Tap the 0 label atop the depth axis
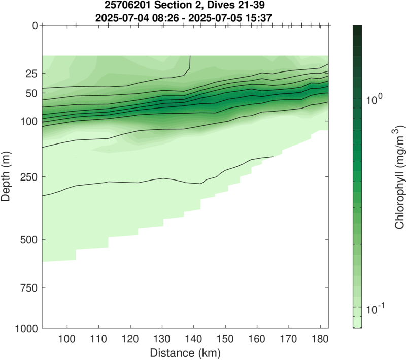34,25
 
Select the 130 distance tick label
162,339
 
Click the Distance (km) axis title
185,352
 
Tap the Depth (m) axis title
7,176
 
